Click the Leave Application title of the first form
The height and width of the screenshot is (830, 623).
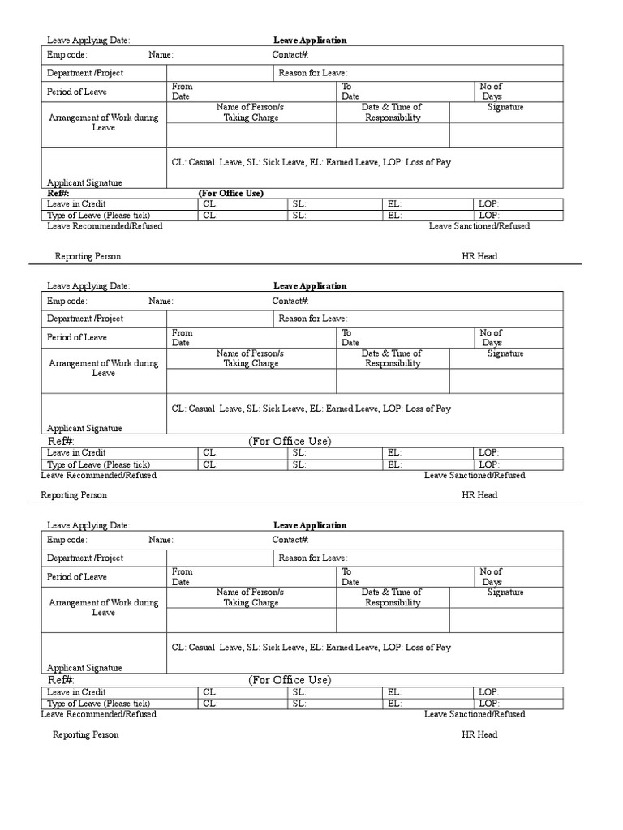(310, 41)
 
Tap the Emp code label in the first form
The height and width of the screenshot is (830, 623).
(67, 55)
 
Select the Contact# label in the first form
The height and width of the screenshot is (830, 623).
(290, 55)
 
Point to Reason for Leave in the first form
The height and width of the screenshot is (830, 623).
(313, 73)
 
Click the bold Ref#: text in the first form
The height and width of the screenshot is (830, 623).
(58, 194)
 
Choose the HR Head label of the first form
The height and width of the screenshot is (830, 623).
(479, 256)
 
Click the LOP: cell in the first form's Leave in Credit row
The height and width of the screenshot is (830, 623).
(489, 204)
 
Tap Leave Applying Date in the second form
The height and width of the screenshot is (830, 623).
(88, 286)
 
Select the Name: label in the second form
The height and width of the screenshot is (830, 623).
(161, 301)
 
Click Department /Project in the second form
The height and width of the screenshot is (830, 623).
(85, 319)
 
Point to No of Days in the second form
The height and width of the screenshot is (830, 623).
(491, 338)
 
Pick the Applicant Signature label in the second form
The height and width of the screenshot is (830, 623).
(84, 428)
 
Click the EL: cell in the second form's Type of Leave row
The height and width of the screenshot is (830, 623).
(394, 464)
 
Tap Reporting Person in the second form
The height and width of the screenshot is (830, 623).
(74, 494)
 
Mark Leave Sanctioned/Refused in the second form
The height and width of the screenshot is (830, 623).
(475, 476)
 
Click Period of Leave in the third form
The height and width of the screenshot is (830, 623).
(77, 577)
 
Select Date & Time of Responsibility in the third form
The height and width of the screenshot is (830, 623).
(392, 597)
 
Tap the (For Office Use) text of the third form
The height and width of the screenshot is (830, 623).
(290, 680)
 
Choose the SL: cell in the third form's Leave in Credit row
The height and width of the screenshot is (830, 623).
(299, 692)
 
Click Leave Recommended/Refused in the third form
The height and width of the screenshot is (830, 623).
(99, 714)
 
